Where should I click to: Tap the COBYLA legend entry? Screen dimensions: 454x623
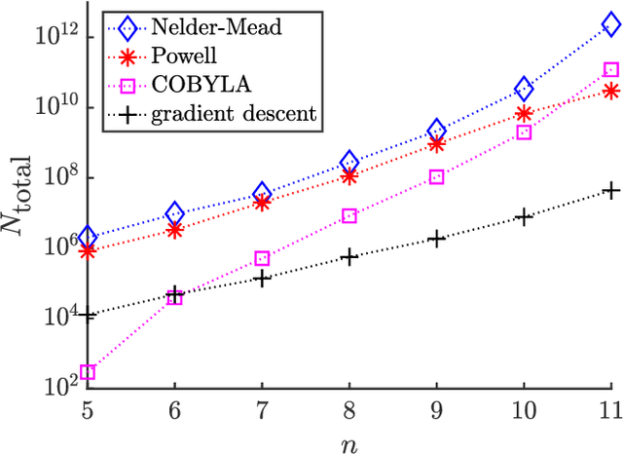coord(190,85)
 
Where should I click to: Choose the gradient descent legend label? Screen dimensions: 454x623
coord(234,113)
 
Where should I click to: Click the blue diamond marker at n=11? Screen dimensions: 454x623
coord(611,26)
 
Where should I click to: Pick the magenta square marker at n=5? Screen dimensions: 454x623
coord(87,372)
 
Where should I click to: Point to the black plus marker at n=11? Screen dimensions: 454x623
coord(611,190)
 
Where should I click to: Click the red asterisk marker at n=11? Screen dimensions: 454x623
coord(611,91)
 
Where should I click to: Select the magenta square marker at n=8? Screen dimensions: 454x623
coord(349,216)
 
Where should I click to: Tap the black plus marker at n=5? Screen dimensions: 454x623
coord(87,315)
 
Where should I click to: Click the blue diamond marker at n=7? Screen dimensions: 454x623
coord(262,193)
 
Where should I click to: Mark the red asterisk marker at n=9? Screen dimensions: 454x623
coord(437,144)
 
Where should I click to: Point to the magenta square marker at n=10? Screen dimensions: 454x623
coord(524,132)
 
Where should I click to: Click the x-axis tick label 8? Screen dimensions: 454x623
coord(349,410)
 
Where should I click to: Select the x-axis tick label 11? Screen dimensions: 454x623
coord(609,410)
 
